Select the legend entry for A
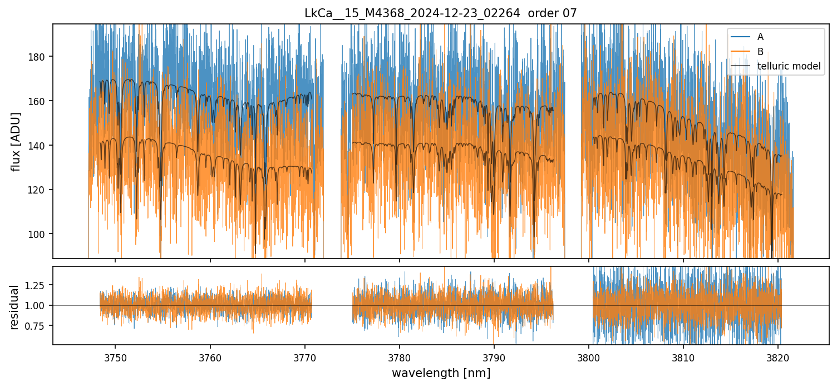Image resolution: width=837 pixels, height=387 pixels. tap(760, 37)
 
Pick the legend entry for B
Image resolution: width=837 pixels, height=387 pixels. tap(760, 52)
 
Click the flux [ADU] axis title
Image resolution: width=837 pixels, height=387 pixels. tap(17, 141)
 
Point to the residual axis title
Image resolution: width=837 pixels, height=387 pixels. tap(15, 307)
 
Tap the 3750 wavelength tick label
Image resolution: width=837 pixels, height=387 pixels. tap(115, 356)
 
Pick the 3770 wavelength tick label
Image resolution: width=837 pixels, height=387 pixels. tap(304, 356)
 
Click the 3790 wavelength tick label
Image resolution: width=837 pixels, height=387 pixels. tap(494, 356)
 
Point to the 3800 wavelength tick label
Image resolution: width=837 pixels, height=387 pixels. tap(589, 356)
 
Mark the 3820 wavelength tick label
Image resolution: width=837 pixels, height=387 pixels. tap(778, 356)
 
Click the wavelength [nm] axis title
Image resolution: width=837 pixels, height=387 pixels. tap(441, 373)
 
